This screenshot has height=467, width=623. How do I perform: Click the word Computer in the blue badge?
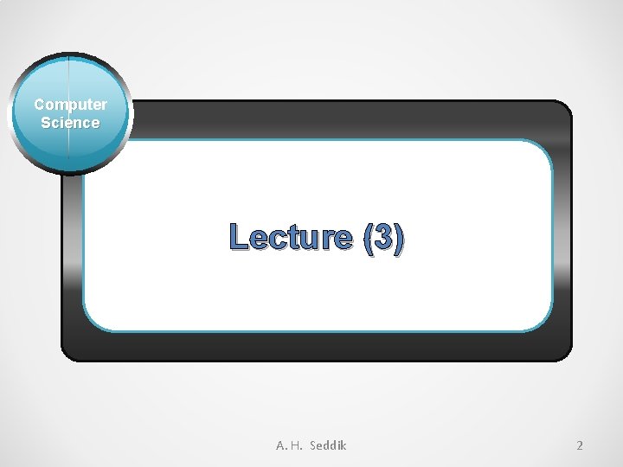coord(71,105)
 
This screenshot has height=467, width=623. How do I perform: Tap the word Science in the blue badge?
coord(70,123)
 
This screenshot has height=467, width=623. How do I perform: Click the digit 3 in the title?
coord(383,238)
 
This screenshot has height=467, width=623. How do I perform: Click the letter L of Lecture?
coord(238,238)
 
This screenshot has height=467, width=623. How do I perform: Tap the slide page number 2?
coord(580,445)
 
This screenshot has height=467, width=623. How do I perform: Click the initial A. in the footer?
coord(282,445)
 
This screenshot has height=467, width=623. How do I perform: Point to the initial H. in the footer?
coord(297,445)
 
